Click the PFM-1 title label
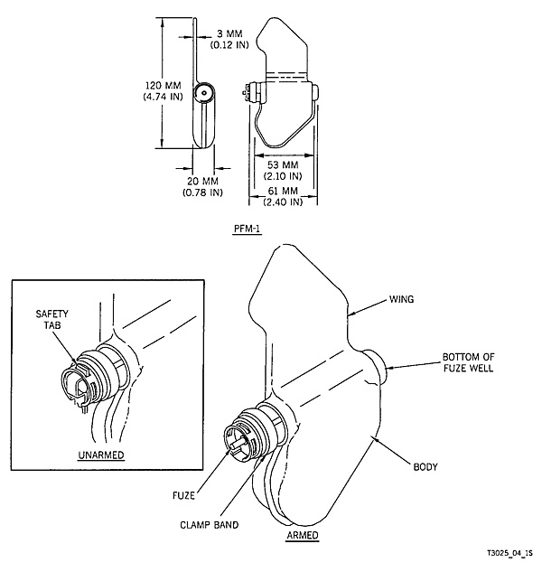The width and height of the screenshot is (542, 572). coord(248,229)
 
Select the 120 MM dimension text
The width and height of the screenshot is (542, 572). coord(163,86)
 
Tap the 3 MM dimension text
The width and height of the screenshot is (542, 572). coord(229,33)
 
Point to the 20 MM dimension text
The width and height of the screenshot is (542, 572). coord(202,181)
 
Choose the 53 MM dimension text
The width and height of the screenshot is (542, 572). coord(283,164)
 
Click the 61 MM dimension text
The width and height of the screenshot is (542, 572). coord(283,191)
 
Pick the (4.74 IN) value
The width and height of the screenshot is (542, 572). coord(163,97)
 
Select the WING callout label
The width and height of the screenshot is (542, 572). coord(402,299)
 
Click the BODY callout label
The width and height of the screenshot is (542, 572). coord(425,466)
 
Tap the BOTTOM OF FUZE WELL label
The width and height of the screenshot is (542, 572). coord(468,362)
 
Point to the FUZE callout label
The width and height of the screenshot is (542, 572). coord(183,495)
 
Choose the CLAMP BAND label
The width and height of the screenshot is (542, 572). coord(210,525)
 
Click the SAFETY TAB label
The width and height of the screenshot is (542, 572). coord(51,319)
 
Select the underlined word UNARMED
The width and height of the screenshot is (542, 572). coord(101,455)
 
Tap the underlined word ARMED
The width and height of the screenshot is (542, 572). coord(303,536)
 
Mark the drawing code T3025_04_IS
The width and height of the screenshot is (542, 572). coord(509,553)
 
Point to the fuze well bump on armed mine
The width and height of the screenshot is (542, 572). coord(375,366)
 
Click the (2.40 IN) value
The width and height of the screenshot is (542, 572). coord(283,202)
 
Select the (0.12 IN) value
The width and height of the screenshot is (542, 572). coord(229,45)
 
